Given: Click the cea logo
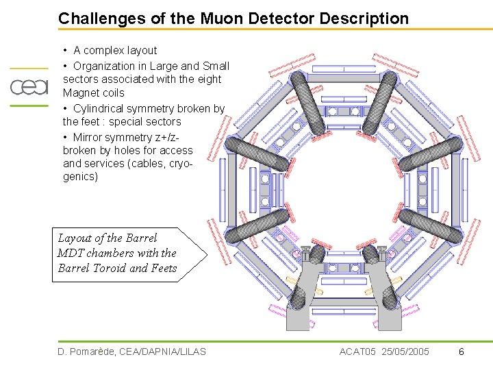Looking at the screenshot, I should pos(29,87).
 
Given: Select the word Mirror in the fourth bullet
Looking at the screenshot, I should pos(89,137).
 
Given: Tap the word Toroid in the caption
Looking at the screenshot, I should pos(109,269).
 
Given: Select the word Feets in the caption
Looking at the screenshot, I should pos(162,269).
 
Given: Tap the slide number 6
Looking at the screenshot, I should pos(462,352).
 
